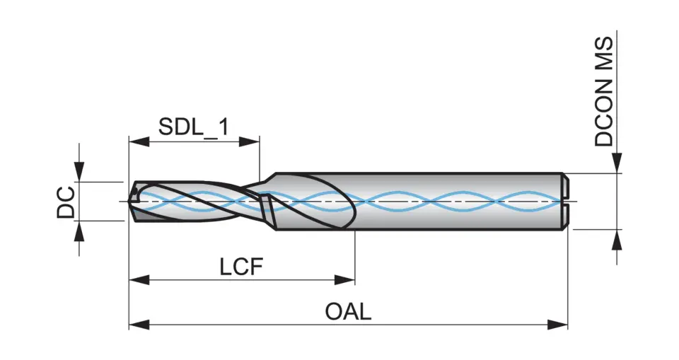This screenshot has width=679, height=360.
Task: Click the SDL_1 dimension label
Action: [193, 127]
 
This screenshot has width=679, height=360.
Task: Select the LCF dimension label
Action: [240, 267]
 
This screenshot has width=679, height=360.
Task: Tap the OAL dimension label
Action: [348, 312]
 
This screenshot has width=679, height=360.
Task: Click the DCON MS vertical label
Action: [604, 91]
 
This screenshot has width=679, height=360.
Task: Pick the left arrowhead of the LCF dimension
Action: [138, 280]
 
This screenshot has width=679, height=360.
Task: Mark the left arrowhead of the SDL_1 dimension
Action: [138, 141]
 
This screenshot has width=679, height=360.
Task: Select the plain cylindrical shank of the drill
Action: [460, 202]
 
